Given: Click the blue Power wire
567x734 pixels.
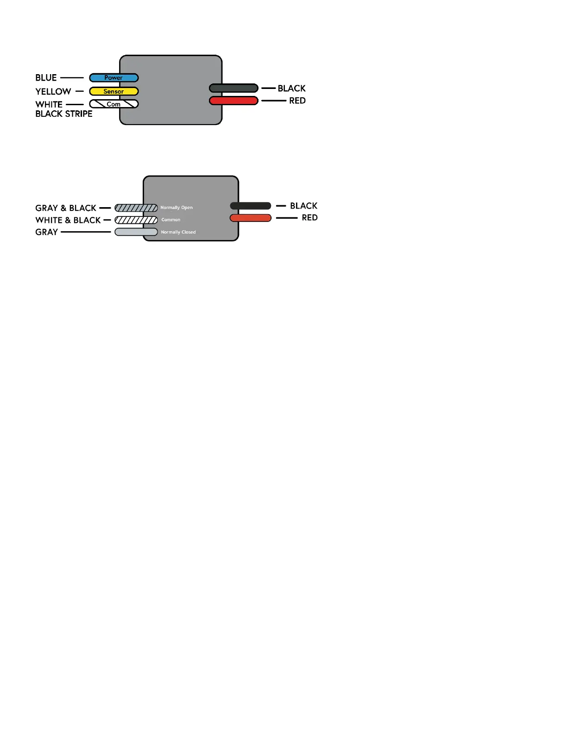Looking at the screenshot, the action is click(x=114, y=78).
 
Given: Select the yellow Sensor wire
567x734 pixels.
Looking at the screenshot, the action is click(x=114, y=91).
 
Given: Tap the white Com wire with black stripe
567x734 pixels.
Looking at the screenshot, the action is click(x=114, y=104).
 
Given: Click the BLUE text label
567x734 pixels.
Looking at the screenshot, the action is click(x=46, y=78).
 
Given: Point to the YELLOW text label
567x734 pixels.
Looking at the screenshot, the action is click(x=53, y=92).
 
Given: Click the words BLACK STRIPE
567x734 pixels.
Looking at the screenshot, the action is click(x=64, y=114).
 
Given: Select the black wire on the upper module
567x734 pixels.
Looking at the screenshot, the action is click(x=233, y=88).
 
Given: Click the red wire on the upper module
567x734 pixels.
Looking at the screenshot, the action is click(x=233, y=101).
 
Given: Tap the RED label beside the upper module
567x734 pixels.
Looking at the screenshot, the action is click(x=297, y=101).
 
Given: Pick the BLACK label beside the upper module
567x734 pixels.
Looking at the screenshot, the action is click(x=291, y=89).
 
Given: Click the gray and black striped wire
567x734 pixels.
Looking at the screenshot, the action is click(x=136, y=208).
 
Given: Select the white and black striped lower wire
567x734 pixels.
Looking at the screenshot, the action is click(x=136, y=220).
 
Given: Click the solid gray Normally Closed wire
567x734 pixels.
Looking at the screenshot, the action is click(x=136, y=232).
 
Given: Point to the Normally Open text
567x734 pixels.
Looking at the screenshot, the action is click(x=176, y=208).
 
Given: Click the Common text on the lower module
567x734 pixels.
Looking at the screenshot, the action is click(x=171, y=220).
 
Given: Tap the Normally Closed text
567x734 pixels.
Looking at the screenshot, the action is click(x=178, y=232).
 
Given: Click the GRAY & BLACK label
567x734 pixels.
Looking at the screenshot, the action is click(x=66, y=208).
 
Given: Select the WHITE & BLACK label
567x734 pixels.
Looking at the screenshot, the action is click(x=68, y=220).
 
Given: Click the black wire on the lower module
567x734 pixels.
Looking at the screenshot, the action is click(x=251, y=206).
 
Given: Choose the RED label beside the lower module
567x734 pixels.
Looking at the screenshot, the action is click(x=309, y=218).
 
